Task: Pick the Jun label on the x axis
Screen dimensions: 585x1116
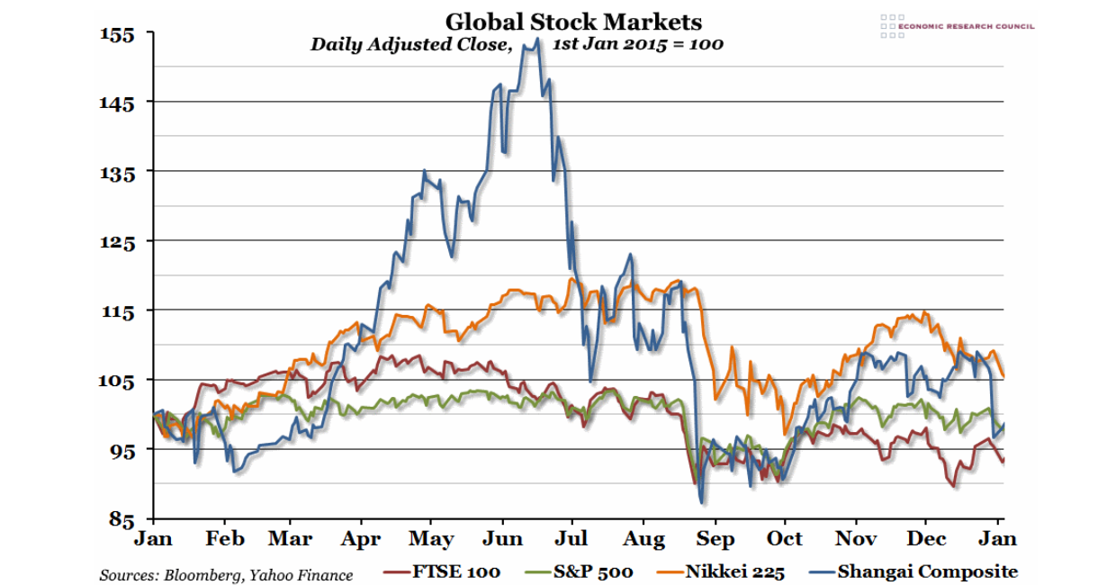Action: pyautogui.click(x=502, y=539)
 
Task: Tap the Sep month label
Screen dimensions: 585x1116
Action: pyautogui.click(x=715, y=539)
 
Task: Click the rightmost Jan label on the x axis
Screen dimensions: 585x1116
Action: pyautogui.click(x=997, y=538)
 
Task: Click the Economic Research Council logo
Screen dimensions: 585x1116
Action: pyautogui.click(x=957, y=26)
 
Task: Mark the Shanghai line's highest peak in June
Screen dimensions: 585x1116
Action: pyautogui.click(x=537, y=39)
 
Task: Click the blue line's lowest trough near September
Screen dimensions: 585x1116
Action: pyautogui.click(x=700, y=502)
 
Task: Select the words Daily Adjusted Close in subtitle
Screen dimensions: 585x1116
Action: pyautogui.click(x=410, y=44)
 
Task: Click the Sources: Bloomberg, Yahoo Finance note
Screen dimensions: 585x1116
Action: pyautogui.click(x=226, y=575)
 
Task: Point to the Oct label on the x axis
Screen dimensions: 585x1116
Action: pyautogui.click(x=785, y=539)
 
